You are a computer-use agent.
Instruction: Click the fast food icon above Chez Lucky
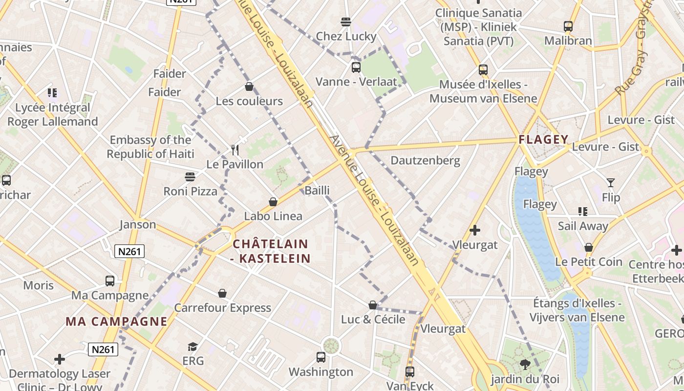pos(346,22)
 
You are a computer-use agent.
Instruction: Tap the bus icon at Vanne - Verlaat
pos(356,67)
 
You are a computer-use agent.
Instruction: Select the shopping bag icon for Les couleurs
pos(249,87)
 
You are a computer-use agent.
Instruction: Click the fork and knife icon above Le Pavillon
pos(235,150)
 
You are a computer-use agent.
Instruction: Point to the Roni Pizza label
pos(190,191)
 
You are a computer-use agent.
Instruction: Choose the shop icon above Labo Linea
pos(273,202)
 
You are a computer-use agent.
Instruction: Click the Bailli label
pos(317,191)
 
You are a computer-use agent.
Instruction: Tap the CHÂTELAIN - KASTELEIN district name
pos(271,251)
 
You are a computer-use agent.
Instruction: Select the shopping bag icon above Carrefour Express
pos(222,293)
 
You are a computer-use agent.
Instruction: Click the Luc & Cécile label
pos(373,319)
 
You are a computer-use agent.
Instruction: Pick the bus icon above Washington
pos(321,357)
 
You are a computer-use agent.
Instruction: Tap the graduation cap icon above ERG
pos(193,347)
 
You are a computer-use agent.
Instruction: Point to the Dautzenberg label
pos(425,160)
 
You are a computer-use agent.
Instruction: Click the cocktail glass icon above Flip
pos(611,183)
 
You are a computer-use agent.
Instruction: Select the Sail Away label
pos(583,226)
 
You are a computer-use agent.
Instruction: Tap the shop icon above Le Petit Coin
pos(589,247)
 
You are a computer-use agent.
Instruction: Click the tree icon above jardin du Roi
pos(525,364)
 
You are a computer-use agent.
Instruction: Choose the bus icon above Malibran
pos(568,26)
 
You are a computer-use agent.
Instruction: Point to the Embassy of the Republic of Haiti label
pos(150,147)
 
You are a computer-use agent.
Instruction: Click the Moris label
pos(39,285)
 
